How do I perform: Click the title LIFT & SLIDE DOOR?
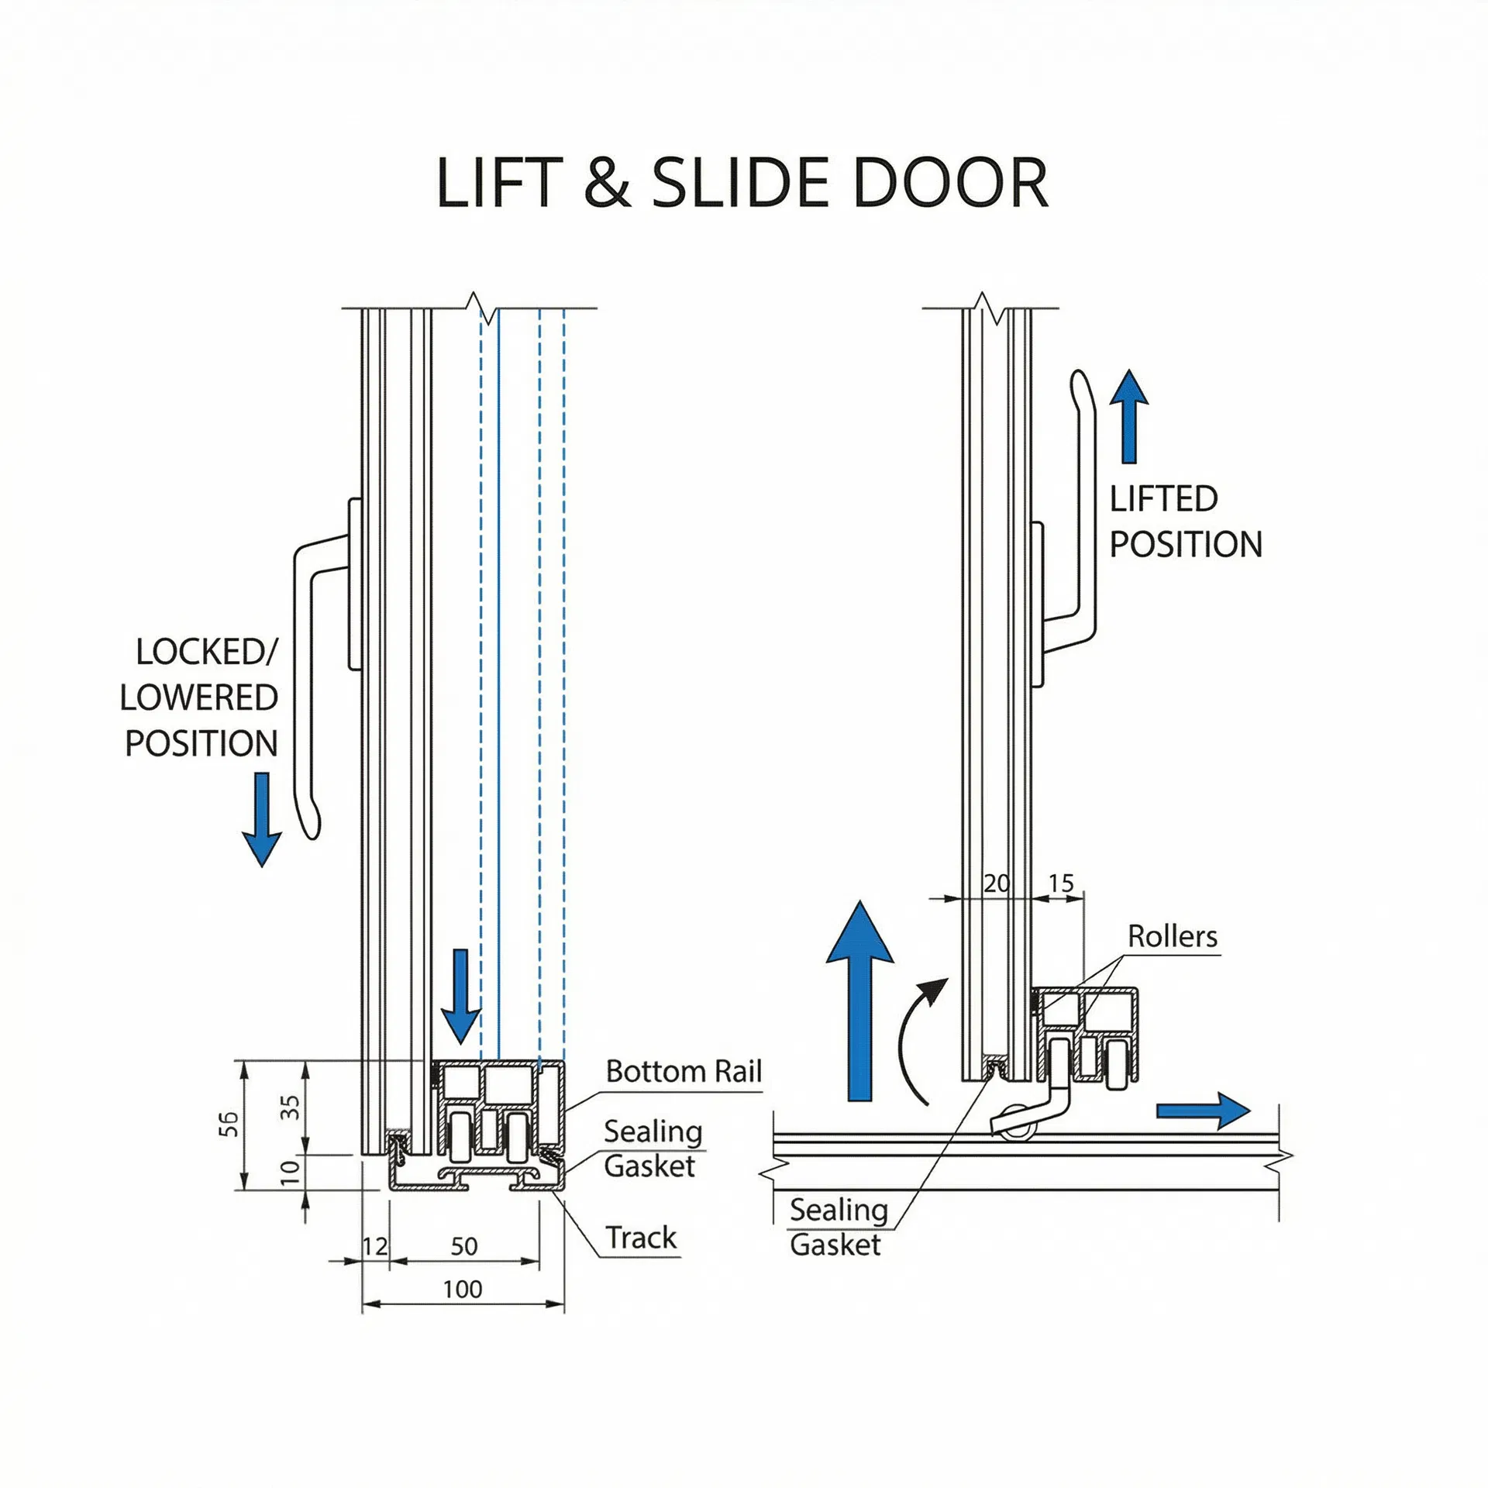click(742, 183)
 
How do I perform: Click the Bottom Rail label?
click(684, 1071)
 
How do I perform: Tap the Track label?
click(641, 1237)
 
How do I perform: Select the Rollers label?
click(1172, 936)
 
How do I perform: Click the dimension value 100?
click(463, 1289)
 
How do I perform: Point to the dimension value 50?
click(464, 1246)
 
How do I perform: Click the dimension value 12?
click(375, 1246)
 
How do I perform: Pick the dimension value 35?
click(290, 1107)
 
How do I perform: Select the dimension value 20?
click(997, 883)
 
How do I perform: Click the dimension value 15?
click(1061, 883)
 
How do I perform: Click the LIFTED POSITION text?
click(1185, 522)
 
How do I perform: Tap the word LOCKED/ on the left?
click(206, 652)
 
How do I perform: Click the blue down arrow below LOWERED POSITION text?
click(261, 819)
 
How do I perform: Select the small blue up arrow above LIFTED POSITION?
click(1128, 417)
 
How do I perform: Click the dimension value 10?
click(290, 1171)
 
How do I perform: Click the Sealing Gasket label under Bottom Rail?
click(653, 1149)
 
